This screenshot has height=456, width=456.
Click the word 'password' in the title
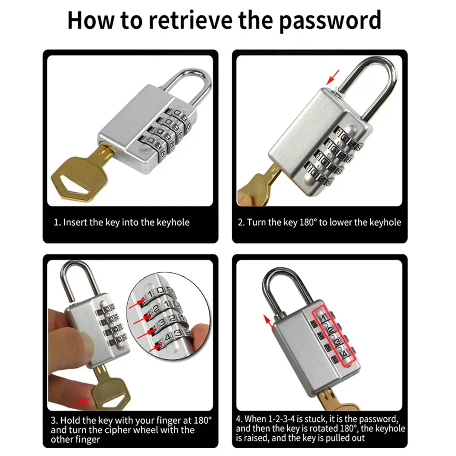coord(330,21)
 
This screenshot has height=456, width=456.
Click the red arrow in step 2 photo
coord(333,77)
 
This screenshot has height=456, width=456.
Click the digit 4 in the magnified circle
coord(168,337)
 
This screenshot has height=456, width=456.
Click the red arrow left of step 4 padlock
coord(269,323)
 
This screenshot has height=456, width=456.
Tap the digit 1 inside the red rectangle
coord(324,317)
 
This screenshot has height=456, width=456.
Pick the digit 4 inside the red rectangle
coord(345,354)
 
